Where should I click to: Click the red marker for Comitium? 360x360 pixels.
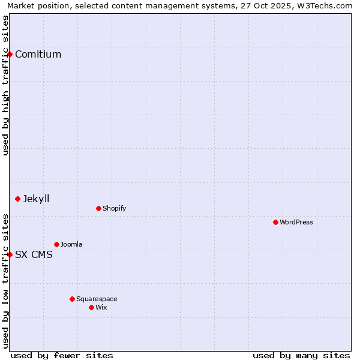click(10, 54)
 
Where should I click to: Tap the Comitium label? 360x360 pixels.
click(38, 55)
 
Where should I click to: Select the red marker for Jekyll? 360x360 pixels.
click(17, 199)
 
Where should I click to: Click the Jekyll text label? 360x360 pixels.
click(36, 199)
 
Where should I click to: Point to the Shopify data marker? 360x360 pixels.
click(98, 208)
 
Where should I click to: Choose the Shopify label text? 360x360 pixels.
click(114, 209)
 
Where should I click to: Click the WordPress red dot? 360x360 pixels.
click(275, 222)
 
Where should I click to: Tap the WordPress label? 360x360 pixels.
click(296, 223)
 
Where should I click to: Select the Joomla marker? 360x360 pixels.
click(56, 244)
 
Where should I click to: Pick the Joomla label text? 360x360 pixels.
click(71, 245)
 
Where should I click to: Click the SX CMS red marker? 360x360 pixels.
click(10, 254)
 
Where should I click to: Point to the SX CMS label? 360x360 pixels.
click(34, 255)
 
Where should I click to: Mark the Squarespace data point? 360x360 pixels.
click(72, 299)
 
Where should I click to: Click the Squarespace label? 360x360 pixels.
click(97, 299)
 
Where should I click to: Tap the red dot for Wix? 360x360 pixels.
click(91, 307)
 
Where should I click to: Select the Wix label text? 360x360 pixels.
click(101, 308)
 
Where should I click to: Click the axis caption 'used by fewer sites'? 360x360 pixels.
click(62, 355)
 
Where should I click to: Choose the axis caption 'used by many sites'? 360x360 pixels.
click(301, 355)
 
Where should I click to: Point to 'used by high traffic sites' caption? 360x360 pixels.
click(5, 85)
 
